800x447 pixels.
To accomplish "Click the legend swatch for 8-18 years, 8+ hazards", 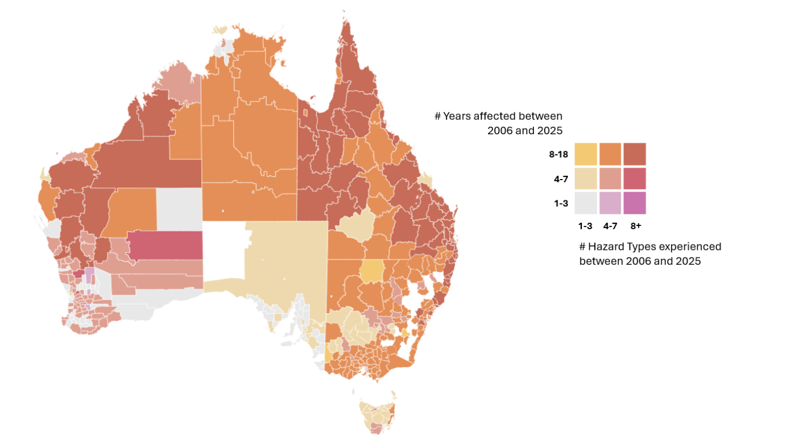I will click(635, 154).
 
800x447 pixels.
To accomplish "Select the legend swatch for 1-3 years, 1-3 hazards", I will click(586, 203).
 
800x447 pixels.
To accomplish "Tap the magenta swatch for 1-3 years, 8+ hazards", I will click(635, 203).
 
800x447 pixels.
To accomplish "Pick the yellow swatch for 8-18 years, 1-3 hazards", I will click(586, 154).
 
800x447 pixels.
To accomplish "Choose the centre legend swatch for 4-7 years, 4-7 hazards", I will click(610, 178).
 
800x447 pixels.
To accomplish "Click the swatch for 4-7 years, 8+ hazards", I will click(635, 178).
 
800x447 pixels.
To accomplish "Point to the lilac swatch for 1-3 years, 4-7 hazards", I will click(610, 203).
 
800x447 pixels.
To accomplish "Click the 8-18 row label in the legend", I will click(558, 155).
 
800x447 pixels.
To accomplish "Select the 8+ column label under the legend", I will click(636, 226).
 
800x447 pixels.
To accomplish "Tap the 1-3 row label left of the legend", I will click(561, 204).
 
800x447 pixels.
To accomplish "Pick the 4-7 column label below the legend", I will click(610, 226).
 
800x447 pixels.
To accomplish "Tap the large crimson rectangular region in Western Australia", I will click(165, 245).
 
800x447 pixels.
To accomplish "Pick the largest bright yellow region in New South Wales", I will click(371, 271).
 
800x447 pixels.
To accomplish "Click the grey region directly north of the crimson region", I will click(179, 209).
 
